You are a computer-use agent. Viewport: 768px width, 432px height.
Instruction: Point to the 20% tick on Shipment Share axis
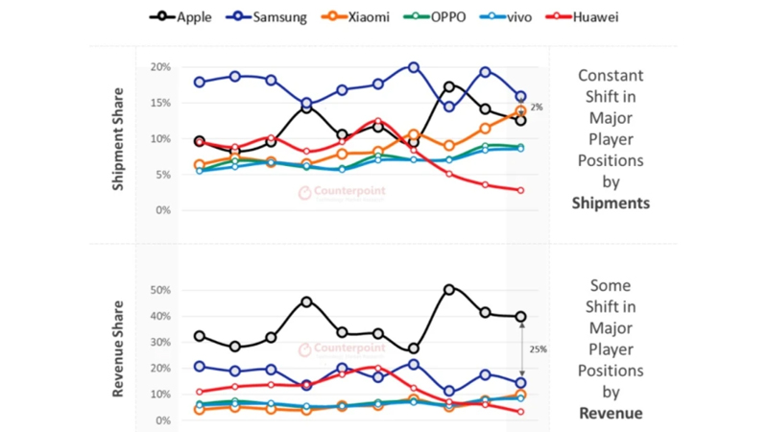(x=160, y=67)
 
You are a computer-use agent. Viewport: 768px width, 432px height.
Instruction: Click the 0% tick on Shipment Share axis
(x=163, y=210)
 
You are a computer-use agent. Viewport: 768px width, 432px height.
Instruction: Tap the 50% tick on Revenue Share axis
(x=160, y=290)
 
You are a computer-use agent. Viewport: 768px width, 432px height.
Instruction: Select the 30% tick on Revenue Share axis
(x=160, y=342)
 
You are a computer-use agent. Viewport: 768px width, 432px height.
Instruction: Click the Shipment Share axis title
(x=120, y=139)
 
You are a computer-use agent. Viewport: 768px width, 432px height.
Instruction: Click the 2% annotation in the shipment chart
(x=536, y=108)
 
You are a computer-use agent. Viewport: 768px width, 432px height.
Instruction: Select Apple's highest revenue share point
(x=448, y=289)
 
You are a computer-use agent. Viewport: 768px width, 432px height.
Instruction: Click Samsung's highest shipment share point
(x=413, y=67)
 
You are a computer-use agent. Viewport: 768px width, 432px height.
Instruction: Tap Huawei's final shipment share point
(x=520, y=190)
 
